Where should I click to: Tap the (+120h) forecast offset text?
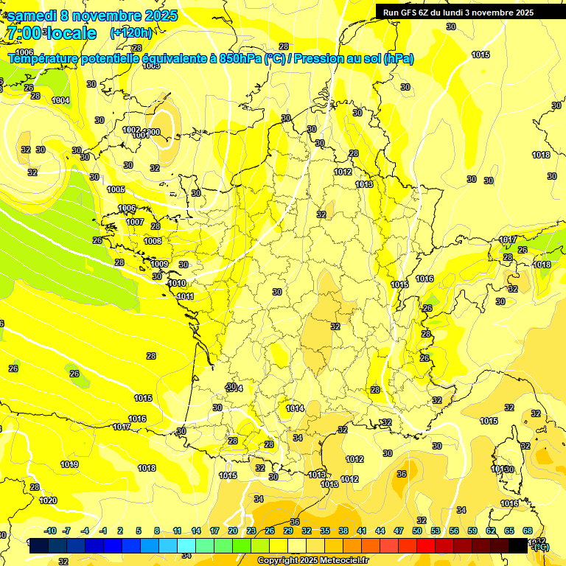click(130, 32)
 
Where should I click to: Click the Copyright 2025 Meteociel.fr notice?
click(312, 560)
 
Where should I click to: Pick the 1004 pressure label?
click(61, 100)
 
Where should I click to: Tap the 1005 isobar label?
click(116, 189)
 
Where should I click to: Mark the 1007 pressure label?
click(135, 222)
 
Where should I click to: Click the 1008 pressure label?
click(153, 241)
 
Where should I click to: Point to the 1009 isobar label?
click(159, 264)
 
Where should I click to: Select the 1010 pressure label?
click(177, 283)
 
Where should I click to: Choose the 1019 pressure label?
click(69, 464)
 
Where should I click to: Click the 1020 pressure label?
click(48, 500)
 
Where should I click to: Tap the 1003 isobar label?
click(151, 66)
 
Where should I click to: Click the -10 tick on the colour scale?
click(50, 531)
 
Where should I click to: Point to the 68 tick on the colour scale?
click(528, 531)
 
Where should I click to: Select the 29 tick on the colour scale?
click(288, 531)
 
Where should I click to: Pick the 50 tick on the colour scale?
click(417, 531)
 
